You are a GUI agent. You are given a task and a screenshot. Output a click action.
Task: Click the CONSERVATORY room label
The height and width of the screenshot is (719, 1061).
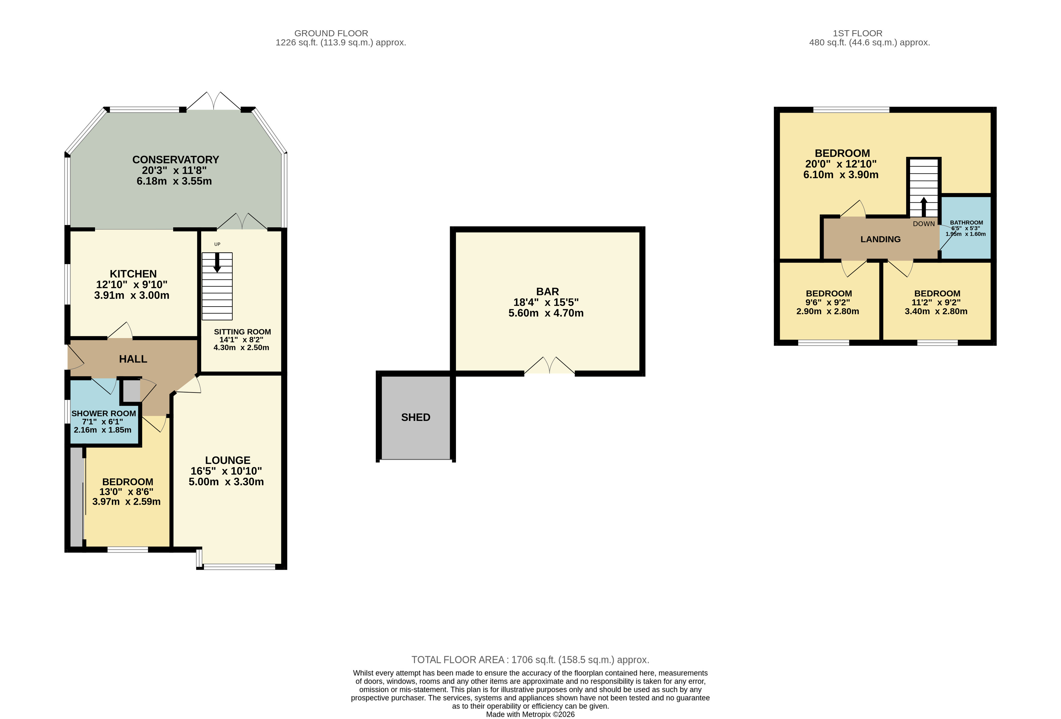176,160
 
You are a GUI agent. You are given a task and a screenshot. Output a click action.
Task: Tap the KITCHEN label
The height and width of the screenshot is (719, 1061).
133,274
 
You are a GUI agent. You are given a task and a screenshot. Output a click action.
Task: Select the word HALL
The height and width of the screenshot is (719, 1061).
133,359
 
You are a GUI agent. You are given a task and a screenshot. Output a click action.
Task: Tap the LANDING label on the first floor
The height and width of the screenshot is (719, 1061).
881,239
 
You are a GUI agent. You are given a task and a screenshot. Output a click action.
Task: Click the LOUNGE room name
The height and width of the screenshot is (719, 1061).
228,460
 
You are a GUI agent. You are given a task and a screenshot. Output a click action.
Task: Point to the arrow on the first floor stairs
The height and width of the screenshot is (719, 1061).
924,207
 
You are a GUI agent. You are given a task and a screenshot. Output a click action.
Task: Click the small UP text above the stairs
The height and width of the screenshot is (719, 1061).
217,244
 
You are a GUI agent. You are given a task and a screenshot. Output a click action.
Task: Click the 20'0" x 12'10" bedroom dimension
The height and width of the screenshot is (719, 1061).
841,164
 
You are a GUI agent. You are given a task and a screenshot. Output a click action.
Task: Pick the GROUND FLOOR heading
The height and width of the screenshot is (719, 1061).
331,33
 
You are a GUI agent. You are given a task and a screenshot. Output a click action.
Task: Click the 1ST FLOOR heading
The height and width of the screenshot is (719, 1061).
857,33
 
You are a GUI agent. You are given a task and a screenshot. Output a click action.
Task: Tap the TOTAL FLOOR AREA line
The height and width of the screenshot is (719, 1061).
530,660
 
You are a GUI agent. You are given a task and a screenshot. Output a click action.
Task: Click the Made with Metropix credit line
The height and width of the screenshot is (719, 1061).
530,714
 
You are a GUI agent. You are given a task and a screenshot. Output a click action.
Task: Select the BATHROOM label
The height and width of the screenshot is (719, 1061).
967,223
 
